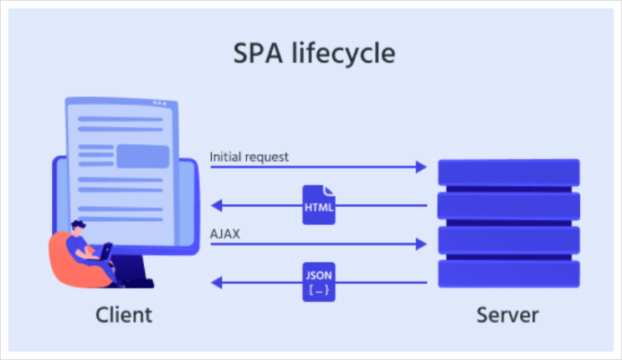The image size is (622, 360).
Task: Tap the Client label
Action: tap(124, 316)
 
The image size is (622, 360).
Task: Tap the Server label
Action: tap(508, 316)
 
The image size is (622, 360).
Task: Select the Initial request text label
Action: tap(249, 156)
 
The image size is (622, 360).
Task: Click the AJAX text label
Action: tap(225, 234)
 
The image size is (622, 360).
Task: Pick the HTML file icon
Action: tap(319, 204)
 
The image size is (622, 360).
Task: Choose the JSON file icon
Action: tap(319, 282)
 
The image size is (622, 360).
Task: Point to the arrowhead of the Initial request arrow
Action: tap(422, 167)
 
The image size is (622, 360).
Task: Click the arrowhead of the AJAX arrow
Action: tap(422, 244)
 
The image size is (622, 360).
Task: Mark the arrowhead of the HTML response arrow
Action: tap(215, 205)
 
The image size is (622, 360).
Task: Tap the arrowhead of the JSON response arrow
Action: tap(215, 283)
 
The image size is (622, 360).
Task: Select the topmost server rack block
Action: tap(509, 172)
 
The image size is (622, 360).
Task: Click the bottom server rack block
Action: tap(509, 275)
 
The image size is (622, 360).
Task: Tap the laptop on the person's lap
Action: tap(106, 252)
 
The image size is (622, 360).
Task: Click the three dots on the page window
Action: tap(159, 103)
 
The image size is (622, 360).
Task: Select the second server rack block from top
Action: tap(509, 205)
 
